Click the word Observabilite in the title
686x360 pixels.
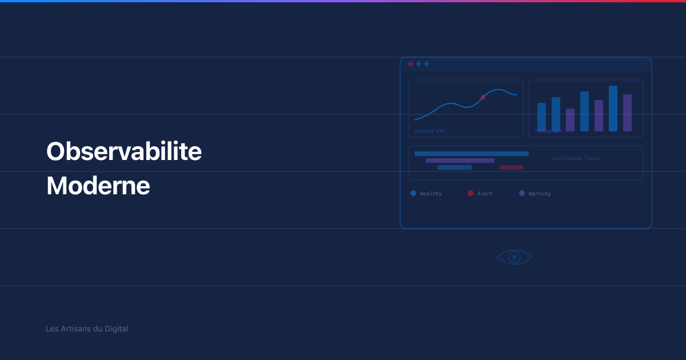[x=124, y=152]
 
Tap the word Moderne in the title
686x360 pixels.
[x=98, y=186]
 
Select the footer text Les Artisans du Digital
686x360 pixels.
[x=87, y=329]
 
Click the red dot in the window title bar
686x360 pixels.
[x=410, y=64]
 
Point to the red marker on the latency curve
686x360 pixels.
[x=483, y=97]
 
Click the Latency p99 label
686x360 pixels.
[x=429, y=131]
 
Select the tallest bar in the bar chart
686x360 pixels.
[x=613, y=109]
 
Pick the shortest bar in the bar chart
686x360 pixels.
[x=570, y=120]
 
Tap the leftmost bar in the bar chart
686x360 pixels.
[x=541, y=117]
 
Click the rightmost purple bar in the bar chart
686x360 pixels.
[x=627, y=113]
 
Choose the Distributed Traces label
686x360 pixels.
[x=576, y=158]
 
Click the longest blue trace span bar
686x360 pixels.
[x=472, y=154]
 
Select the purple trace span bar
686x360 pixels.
[x=460, y=161]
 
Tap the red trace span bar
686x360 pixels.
[x=512, y=167]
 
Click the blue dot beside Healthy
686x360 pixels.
[x=413, y=193]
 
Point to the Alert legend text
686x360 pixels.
[x=485, y=194]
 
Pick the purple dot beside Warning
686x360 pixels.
[x=522, y=193]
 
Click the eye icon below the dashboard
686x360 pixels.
[x=514, y=257]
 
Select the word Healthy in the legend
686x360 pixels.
[x=431, y=194]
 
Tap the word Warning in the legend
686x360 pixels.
[x=540, y=194]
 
